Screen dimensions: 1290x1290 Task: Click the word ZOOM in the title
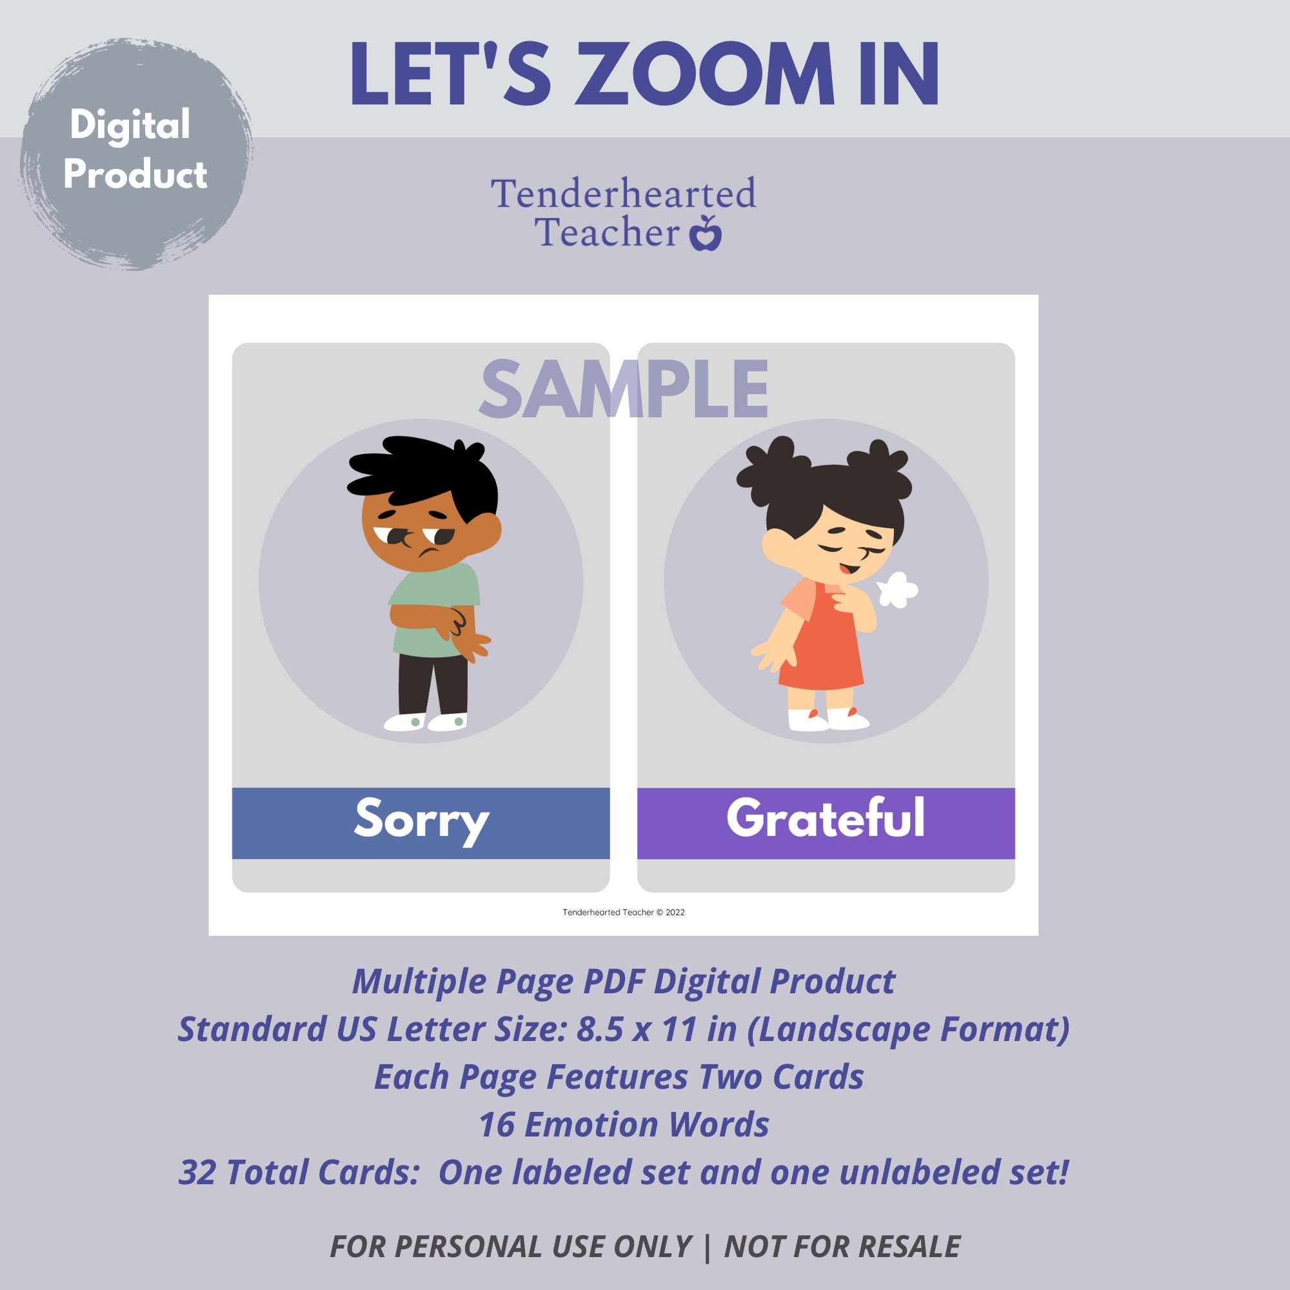(704, 75)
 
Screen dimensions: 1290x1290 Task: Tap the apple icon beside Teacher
(705, 234)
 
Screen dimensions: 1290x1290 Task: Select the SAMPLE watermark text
(624, 390)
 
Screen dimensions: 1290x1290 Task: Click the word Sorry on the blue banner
(421, 820)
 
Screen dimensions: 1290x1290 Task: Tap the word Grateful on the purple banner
(826, 819)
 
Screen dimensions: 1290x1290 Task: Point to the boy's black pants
(433, 684)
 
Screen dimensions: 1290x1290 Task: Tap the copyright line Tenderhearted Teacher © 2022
(623, 912)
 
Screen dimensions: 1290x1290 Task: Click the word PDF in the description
(613, 982)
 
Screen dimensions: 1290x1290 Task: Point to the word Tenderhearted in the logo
(623, 194)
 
